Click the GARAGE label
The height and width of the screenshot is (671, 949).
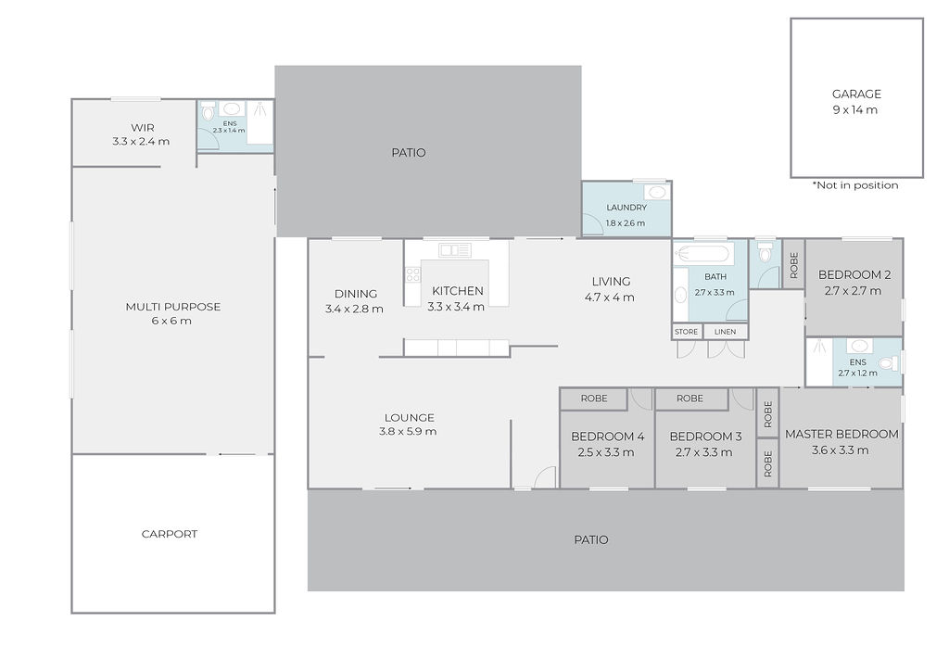click(856, 94)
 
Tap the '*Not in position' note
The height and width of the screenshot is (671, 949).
click(855, 185)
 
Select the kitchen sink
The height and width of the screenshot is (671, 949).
click(455, 250)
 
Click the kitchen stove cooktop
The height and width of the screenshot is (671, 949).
click(413, 275)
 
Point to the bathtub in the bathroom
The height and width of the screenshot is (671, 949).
click(704, 254)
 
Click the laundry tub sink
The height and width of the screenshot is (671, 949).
click(657, 193)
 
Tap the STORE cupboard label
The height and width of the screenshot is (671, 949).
click(687, 332)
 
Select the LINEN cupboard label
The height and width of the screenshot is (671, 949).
click(725, 332)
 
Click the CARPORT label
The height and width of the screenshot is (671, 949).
click(170, 534)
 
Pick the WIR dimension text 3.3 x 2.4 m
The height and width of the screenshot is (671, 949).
click(141, 142)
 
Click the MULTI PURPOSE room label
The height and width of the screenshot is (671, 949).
click(173, 307)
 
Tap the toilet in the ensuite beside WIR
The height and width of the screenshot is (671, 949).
click(208, 111)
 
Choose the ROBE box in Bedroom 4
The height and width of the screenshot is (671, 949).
click(594, 399)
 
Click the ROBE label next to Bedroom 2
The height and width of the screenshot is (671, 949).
click(794, 264)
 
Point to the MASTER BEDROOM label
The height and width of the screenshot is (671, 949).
click(841, 434)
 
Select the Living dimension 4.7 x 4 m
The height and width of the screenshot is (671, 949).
click(610, 298)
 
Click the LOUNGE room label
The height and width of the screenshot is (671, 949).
click(409, 417)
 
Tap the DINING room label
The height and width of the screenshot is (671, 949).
click(356, 294)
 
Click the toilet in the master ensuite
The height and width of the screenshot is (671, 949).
click(888, 363)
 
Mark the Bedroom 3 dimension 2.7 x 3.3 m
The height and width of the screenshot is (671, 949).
click(704, 452)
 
